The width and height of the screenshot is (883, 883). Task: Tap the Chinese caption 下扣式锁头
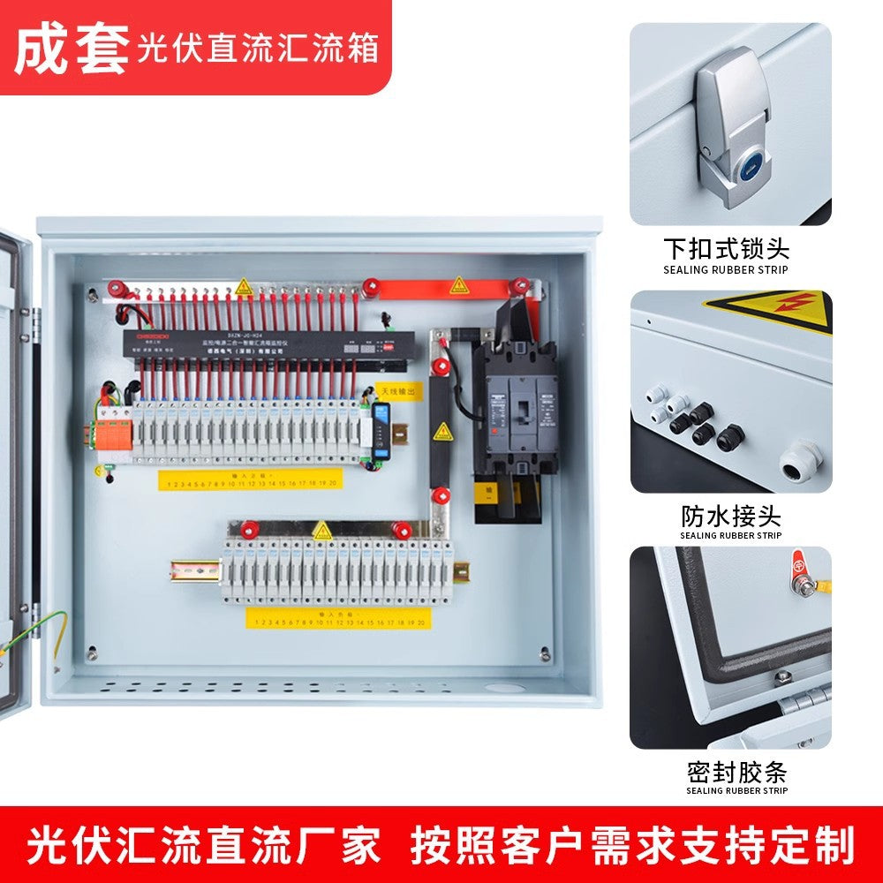click(726, 247)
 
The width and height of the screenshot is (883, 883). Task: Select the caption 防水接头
click(730, 515)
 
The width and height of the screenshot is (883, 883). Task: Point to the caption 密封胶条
click(736, 773)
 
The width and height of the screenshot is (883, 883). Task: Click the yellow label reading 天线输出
click(399, 389)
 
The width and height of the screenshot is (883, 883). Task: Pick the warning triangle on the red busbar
click(458, 286)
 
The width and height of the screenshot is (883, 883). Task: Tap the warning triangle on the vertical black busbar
click(442, 432)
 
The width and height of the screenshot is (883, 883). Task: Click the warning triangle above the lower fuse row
click(322, 531)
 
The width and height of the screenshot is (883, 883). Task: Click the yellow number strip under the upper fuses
click(250, 480)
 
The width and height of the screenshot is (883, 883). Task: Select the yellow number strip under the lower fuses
click(338, 619)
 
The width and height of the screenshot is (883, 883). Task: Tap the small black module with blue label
click(381, 430)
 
